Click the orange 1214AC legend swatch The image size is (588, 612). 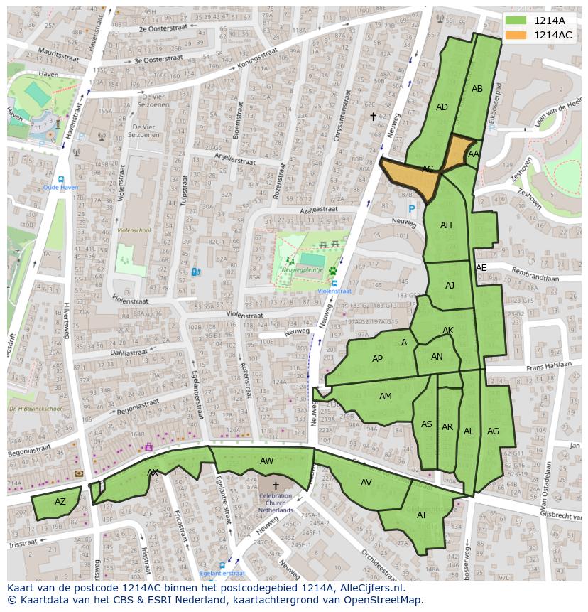pyautogui.click(x=516, y=35)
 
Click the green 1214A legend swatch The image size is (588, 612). pyautogui.click(x=516, y=21)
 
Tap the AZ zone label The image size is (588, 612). pyautogui.click(x=60, y=502)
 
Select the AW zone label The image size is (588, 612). pyautogui.click(x=266, y=461)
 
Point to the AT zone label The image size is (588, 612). pyautogui.click(x=422, y=515)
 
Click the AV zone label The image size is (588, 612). pyautogui.click(x=366, y=482)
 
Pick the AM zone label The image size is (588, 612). pyautogui.click(x=385, y=397)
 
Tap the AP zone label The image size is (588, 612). pyautogui.click(x=377, y=359)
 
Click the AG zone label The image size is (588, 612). pyautogui.click(x=493, y=431)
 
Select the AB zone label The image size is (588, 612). pyautogui.click(x=477, y=89)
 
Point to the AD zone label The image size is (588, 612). pyautogui.click(x=442, y=107)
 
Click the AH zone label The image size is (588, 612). pyautogui.click(x=446, y=225)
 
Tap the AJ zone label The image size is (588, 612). pyautogui.click(x=450, y=286)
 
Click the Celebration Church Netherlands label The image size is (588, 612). pyautogui.click(x=276, y=503)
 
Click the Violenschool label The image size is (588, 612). pyautogui.click(x=134, y=230)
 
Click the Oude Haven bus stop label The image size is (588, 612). pyautogui.click(x=60, y=188)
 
